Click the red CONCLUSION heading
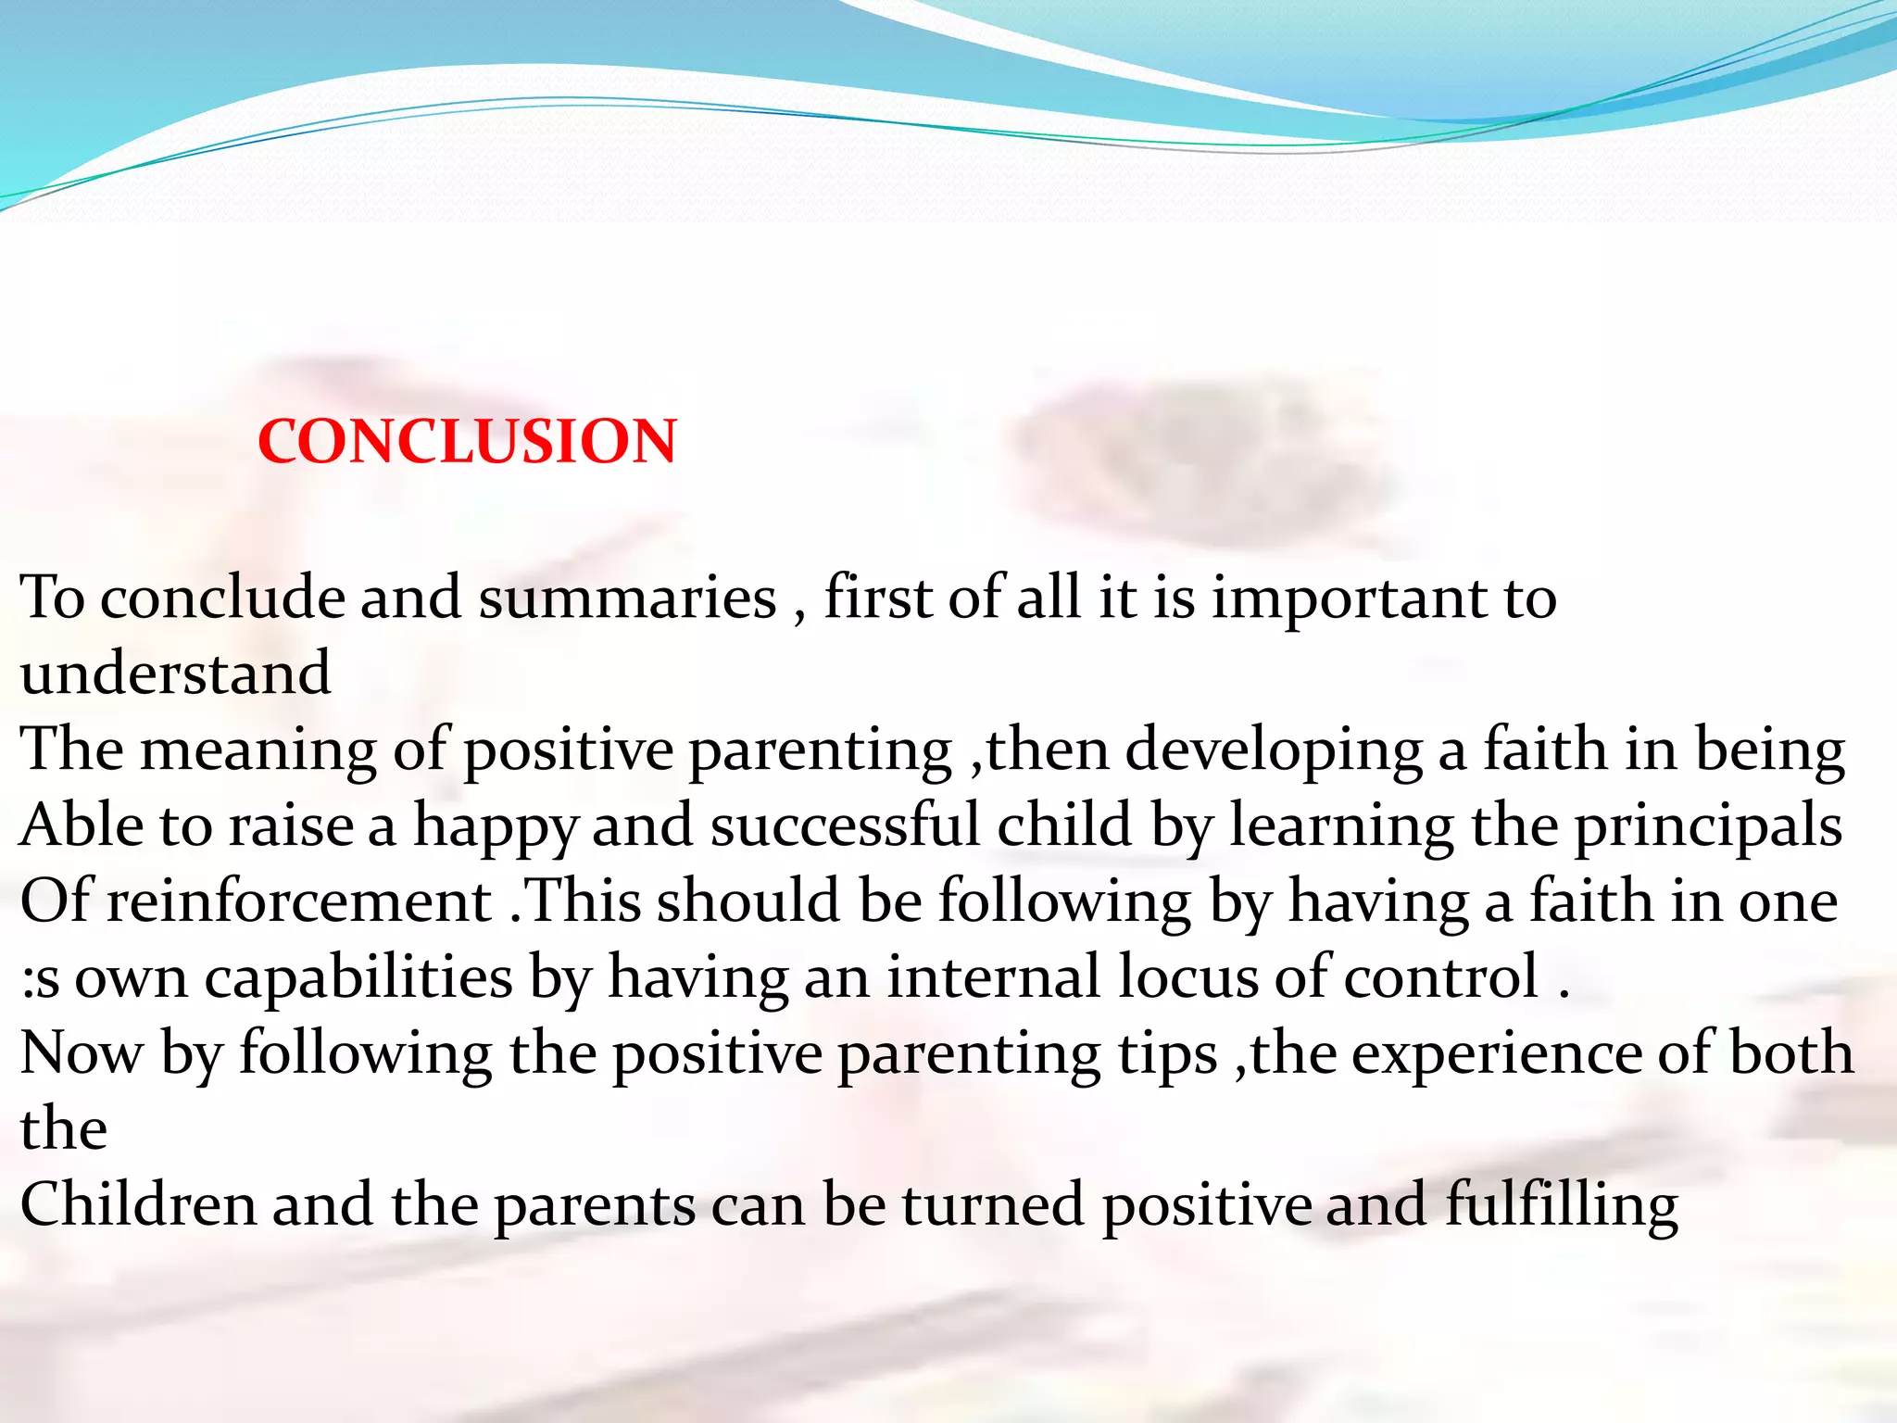[x=467, y=441]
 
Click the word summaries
[x=627, y=598]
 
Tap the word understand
[x=175, y=674]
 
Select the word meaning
[x=258, y=750]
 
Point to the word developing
[x=1274, y=750]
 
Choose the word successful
[x=845, y=825]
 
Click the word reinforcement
[x=299, y=901]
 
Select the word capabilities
[x=358, y=978]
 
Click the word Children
[x=138, y=1205]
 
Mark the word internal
[x=993, y=977]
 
